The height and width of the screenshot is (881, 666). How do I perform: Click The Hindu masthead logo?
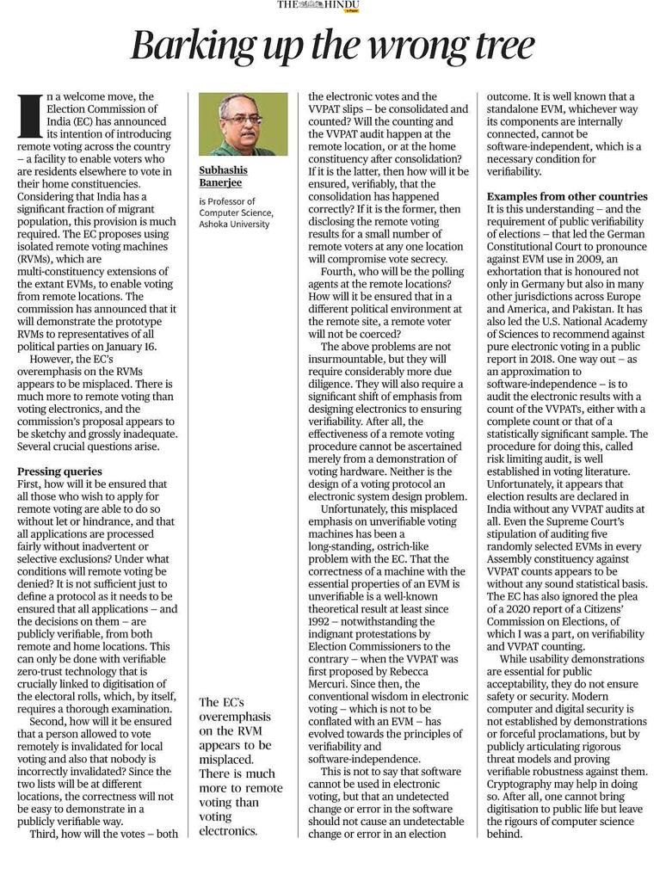pyautogui.click(x=318, y=6)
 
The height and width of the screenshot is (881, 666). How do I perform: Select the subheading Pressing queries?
pyautogui.click(x=59, y=471)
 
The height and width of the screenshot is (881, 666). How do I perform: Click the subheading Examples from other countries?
pyautogui.click(x=568, y=196)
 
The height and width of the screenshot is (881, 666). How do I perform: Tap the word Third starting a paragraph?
pyautogui.click(x=47, y=834)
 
